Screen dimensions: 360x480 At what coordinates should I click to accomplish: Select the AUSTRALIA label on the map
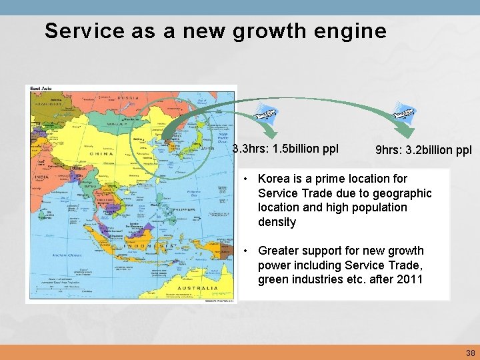[198, 288]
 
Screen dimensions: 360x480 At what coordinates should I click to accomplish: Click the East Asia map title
[41, 89]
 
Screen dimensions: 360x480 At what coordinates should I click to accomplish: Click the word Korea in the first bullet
[273, 179]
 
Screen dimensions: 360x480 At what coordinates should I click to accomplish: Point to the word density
[277, 222]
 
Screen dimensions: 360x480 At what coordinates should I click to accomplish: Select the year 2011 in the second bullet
[409, 279]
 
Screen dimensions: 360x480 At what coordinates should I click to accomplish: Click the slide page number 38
[471, 353]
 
